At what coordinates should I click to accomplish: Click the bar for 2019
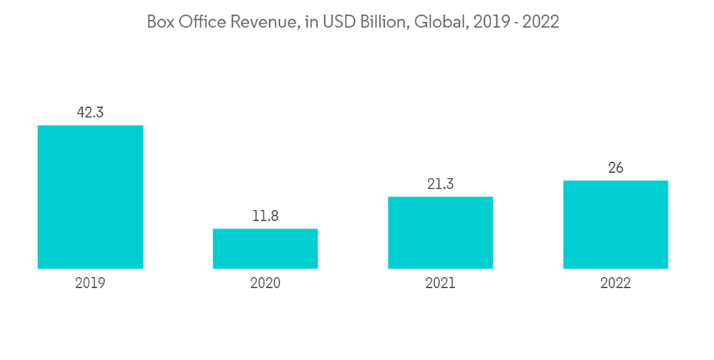[90, 197]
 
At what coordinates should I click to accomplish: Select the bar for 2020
[265, 249]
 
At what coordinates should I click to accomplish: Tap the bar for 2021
[441, 233]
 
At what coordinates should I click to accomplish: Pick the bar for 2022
[615, 224]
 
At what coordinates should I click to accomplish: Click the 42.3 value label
[90, 112]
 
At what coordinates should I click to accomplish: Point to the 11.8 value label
[265, 216]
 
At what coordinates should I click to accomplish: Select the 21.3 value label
[441, 184]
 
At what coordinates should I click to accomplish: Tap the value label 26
[615, 168]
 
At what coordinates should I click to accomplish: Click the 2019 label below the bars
[90, 284]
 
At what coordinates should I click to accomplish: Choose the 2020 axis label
[265, 284]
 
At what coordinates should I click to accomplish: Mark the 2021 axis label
[441, 284]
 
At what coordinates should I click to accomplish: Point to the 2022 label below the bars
[615, 284]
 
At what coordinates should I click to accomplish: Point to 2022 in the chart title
[540, 22]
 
